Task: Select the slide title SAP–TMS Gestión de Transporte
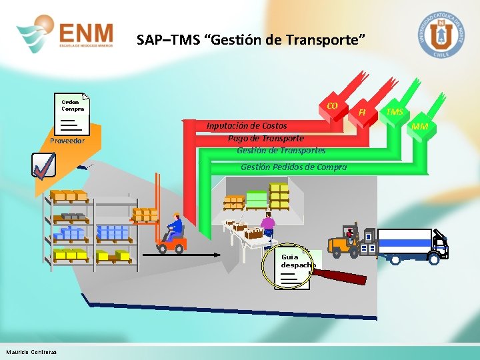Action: point(251,40)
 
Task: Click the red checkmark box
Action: point(43,166)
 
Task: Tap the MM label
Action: point(420,127)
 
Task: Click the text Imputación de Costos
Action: point(247,125)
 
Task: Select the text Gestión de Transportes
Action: point(281,150)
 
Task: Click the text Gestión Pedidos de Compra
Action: point(293,167)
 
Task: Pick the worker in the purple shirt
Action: point(268,226)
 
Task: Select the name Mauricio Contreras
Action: point(31,352)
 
